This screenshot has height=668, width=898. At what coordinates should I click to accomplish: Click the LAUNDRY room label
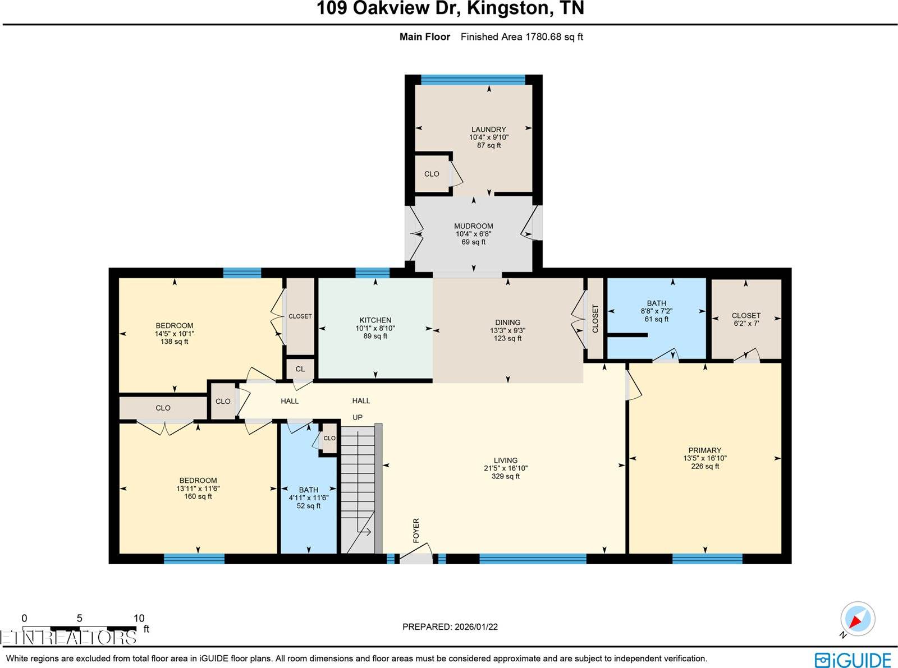pos(488,130)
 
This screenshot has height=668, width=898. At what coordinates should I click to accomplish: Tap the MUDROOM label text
pos(473,226)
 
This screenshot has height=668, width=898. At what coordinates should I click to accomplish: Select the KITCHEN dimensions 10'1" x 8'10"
pos(375,328)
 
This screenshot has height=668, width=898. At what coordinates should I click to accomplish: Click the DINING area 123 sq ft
pos(507,338)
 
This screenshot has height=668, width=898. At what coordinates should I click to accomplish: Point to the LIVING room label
pos(505,460)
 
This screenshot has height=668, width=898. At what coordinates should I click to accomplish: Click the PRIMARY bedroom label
pos(704,450)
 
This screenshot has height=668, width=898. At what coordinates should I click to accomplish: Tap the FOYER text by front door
pos(416,531)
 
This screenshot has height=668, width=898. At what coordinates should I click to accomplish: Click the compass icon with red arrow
pos(857,619)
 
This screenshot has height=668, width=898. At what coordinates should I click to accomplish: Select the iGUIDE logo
pos(853,660)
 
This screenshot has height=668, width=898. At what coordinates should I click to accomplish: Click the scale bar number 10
pos(139,618)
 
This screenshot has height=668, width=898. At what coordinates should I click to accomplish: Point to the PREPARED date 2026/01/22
pos(450,626)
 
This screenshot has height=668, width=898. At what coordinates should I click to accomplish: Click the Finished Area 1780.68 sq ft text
pos(521,37)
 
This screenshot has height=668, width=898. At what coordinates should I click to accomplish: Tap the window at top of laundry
pos(473,80)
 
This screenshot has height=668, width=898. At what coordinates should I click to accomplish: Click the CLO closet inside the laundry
pos(432,174)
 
